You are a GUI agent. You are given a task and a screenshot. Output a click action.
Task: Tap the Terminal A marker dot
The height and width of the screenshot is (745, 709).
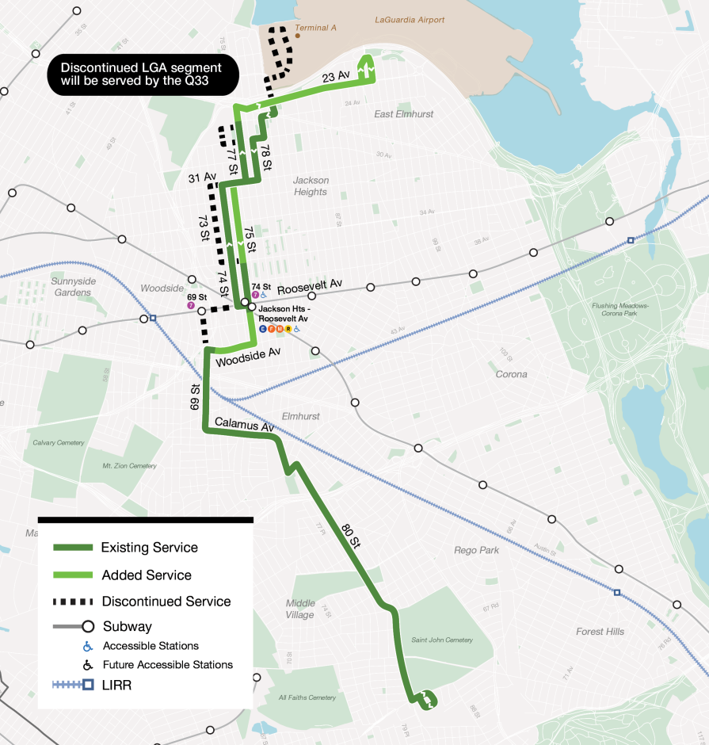point(298,35)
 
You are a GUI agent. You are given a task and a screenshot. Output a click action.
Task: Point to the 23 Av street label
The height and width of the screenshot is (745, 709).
point(336,77)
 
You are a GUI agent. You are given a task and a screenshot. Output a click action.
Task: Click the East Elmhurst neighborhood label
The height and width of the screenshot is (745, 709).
point(404,114)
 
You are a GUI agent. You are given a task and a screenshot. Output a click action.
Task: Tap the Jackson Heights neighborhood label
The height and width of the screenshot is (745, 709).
point(310,186)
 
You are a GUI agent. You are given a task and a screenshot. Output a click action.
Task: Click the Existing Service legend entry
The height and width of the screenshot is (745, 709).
point(149,548)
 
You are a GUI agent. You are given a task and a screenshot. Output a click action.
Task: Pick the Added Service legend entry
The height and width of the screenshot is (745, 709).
point(147,575)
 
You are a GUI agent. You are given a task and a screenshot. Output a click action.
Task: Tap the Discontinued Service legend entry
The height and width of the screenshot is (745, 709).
point(166,602)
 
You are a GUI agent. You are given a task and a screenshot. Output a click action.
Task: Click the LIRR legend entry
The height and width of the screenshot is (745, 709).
point(116,685)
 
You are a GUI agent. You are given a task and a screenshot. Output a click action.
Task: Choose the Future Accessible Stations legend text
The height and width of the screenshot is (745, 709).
point(167,664)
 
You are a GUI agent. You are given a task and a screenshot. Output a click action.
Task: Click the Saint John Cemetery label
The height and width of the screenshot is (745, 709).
point(442,640)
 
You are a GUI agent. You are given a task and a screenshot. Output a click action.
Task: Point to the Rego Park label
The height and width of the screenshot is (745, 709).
point(477,550)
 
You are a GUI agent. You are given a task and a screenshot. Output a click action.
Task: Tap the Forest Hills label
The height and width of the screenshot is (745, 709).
point(600,632)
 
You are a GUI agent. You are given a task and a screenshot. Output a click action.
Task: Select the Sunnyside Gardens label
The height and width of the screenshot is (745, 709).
point(71,286)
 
